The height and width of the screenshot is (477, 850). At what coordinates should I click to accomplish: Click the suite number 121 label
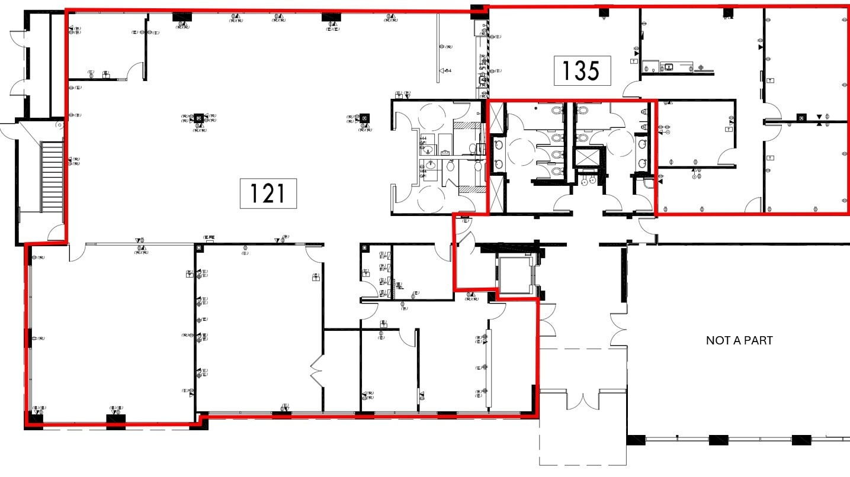[268, 194]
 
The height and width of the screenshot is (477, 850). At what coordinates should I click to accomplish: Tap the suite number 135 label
[582, 71]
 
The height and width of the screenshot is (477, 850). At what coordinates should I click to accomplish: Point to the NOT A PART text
[739, 340]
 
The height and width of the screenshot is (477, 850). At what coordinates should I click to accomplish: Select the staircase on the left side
[52, 175]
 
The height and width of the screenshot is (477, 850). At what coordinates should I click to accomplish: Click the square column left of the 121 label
[199, 118]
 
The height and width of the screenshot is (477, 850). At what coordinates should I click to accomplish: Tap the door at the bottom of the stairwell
[56, 233]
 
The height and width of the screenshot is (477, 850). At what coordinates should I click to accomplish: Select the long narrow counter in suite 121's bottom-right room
[489, 367]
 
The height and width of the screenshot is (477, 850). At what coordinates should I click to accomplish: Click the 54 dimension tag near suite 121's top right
[445, 71]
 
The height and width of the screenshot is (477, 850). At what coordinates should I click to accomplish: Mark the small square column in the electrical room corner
[365, 247]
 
